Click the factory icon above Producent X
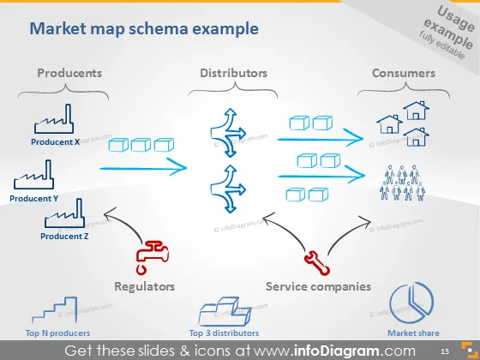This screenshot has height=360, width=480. click(54, 119)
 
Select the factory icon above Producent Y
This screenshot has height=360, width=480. click(33, 175)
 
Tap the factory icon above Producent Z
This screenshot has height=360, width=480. click(64, 213)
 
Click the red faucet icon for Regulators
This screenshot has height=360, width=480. click(153, 257)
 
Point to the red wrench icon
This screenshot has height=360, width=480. click(317, 263)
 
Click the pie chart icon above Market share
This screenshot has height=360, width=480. click(411, 303)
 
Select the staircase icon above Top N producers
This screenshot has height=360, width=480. click(55, 309)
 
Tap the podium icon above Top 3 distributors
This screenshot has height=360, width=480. click(225, 310)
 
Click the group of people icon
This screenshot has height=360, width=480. click(402, 183)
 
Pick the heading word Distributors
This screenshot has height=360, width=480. click(233, 73)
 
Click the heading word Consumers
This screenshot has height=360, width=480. click(404, 73)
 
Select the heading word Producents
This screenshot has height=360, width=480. click(69, 73)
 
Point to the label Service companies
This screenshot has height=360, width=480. click(318, 286)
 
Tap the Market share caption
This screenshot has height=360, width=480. click(413, 333)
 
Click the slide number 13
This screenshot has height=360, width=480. click(445, 351)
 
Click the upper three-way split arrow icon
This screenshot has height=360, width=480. click(228, 133)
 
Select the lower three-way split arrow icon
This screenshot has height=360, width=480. click(228, 189)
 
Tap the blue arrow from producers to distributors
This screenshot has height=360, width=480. click(143, 168)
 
